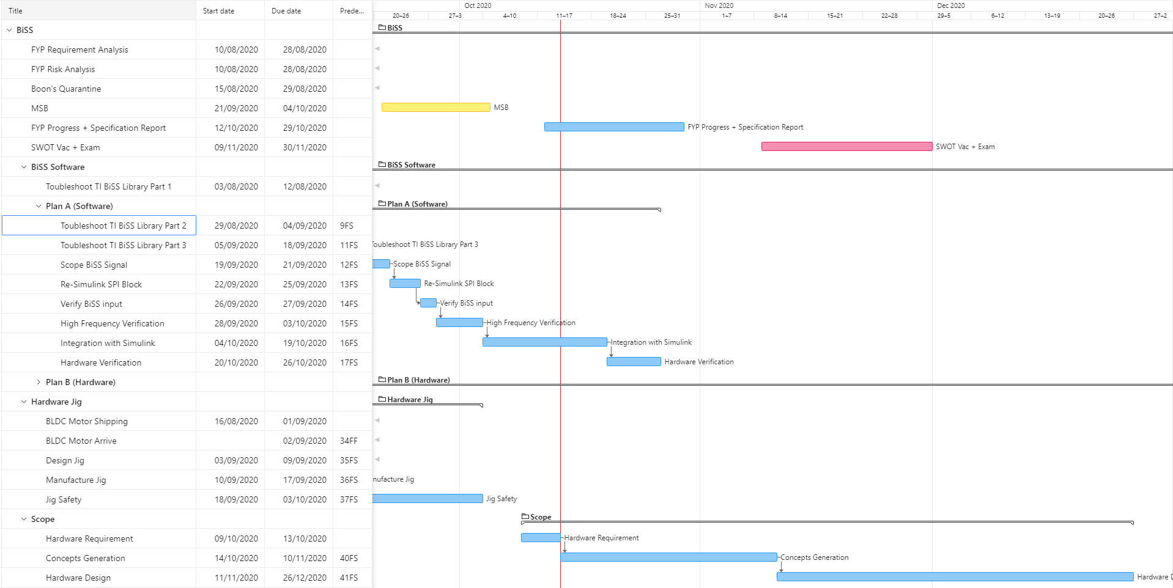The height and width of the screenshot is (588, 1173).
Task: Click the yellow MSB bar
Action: tap(435, 108)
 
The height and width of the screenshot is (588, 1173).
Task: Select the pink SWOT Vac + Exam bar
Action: tap(846, 147)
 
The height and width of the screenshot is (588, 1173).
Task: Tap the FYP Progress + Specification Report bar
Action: tap(614, 127)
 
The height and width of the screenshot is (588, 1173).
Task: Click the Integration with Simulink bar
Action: tap(544, 342)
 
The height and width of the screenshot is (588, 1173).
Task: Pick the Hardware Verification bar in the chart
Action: tap(634, 362)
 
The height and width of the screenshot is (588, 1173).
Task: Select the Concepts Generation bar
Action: tap(668, 557)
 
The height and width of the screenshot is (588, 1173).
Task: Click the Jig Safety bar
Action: tap(427, 499)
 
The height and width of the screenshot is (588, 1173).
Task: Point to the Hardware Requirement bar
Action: tap(541, 538)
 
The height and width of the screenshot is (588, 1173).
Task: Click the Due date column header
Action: tap(286, 11)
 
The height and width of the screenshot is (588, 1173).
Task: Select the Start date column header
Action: tap(218, 11)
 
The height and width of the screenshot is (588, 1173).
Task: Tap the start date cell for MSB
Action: tap(236, 108)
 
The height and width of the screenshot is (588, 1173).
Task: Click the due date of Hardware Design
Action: tap(305, 578)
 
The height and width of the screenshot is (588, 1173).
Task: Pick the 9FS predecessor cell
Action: tap(347, 226)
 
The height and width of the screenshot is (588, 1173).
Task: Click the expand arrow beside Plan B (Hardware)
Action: tap(39, 382)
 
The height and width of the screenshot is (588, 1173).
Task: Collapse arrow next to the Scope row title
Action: tap(24, 519)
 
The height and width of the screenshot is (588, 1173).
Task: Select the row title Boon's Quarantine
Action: tap(66, 89)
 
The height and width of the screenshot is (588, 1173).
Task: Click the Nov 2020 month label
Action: tap(719, 6)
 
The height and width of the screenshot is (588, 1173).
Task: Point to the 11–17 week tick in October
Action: tap(564, 16)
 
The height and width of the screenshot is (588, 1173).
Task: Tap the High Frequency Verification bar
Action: tap(459, 323)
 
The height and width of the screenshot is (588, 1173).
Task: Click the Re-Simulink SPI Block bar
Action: tap(405, 284)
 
